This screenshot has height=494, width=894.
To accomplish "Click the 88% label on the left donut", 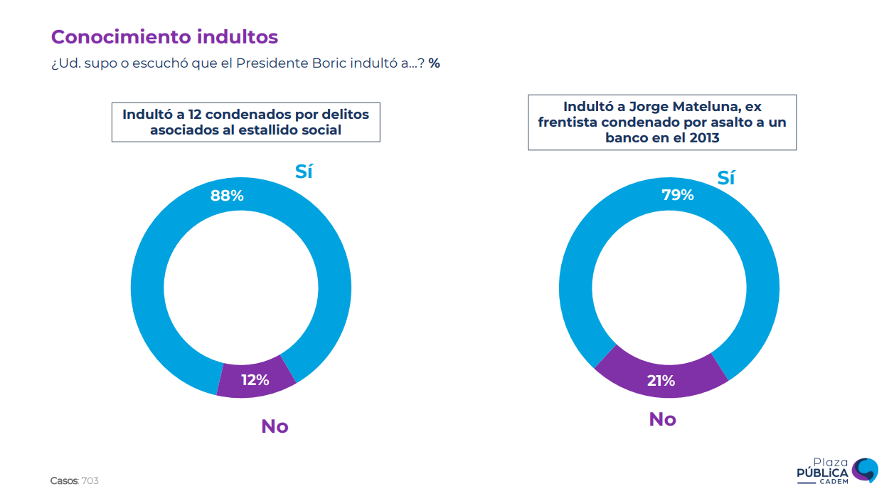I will click(x=227, y=195).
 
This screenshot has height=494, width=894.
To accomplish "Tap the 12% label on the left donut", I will click(x=255, y=380).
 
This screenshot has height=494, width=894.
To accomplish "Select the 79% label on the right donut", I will click(x=677, y=194).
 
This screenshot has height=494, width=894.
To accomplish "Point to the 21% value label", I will click(x=661, y=381).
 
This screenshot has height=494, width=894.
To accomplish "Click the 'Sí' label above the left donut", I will click(x=304, y=172).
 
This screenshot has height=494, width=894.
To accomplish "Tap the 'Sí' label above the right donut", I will click(x=725, y=178).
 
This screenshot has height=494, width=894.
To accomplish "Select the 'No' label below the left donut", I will click(x=275, y=426).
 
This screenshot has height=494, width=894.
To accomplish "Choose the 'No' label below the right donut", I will click(x=662, y=419).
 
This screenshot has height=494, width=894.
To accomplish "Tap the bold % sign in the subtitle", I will click(x=434, y=63).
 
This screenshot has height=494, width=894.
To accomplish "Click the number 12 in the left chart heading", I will click(x=187, y=114).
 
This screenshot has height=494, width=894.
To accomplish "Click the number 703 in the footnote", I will click(x=90, y=481).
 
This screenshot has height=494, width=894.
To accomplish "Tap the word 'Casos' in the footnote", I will click(x=64, y=481).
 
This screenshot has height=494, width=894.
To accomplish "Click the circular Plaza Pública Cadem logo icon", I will click(x=865, y=469).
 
